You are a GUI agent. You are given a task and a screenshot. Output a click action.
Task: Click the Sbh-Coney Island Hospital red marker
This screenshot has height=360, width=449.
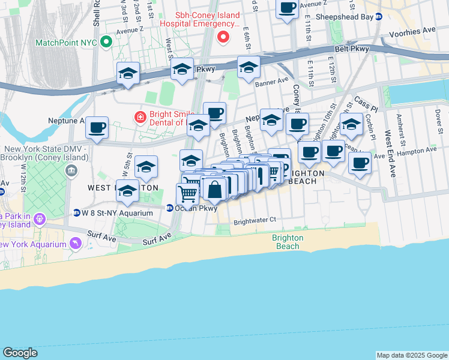(223, 38)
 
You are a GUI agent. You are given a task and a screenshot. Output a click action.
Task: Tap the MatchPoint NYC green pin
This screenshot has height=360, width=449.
(106, 43)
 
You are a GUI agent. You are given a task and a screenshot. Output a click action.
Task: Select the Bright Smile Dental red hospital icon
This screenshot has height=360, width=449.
(140, 116)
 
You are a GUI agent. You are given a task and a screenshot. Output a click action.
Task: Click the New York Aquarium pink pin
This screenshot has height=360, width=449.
(75, 243)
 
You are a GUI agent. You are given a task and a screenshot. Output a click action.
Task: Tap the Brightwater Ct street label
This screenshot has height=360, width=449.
(255, 220)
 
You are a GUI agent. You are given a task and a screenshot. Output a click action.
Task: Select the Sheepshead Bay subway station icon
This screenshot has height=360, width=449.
(379, 17)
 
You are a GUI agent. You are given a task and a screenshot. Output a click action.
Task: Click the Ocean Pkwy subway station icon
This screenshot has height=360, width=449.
(170, 208)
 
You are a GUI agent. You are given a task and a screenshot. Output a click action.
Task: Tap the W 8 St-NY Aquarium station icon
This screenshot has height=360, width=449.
(76, 212)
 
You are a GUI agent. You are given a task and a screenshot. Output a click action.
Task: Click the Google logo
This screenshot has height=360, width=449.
(20, 353)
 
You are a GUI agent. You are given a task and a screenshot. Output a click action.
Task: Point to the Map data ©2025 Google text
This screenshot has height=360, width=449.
(411, 355)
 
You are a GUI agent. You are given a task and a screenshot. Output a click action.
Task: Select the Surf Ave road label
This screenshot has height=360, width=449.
(157, 241)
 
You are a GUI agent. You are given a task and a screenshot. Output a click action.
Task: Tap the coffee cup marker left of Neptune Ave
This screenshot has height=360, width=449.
(97, 127)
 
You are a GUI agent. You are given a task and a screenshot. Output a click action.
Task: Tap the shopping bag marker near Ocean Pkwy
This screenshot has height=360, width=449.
(214, 190)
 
